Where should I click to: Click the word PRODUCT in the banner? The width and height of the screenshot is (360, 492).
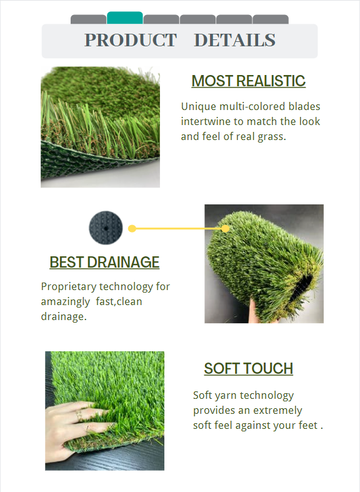[131, 40]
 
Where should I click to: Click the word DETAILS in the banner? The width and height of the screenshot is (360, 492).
[234, 40]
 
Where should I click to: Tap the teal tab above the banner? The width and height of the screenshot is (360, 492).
[125, 18]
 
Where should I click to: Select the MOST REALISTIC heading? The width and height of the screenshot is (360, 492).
[248, 81]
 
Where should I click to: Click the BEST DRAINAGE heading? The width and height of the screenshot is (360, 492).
[104, 262]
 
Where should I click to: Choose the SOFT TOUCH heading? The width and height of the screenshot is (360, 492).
[248, 369]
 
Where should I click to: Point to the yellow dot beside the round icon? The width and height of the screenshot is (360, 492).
[132, 229]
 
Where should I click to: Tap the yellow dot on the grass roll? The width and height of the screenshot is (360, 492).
[226, 229]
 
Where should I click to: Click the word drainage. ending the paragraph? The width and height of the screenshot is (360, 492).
[63, 317]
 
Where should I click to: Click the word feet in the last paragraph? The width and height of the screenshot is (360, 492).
[306, 426]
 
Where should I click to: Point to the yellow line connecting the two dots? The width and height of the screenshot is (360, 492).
[179, 229]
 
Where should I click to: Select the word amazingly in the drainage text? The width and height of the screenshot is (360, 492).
[66, 302]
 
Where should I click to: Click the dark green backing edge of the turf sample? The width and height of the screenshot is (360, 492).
[81, 169]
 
